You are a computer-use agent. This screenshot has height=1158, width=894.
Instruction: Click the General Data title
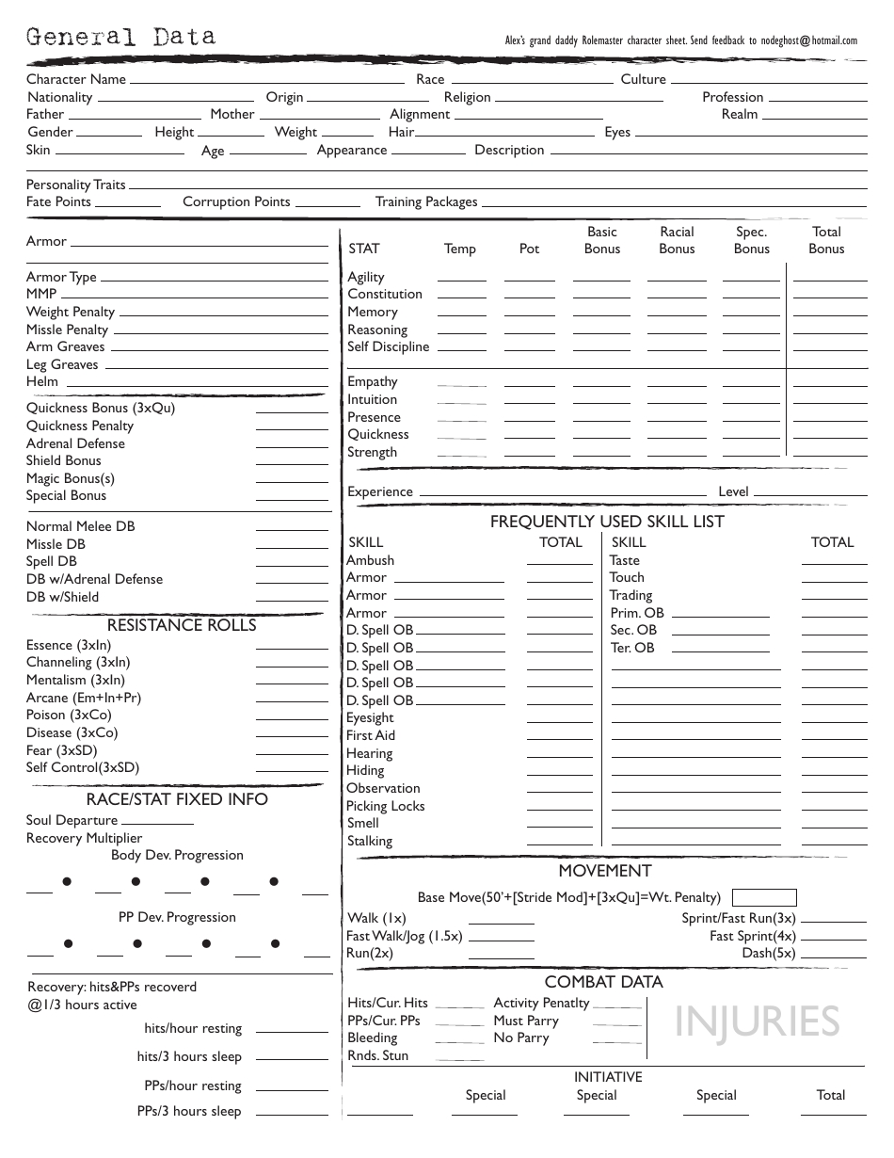120,38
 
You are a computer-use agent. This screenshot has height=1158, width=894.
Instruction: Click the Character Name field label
76,80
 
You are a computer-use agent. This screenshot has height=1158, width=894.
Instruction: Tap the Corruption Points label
236,201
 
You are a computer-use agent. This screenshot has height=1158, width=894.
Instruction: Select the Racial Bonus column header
677,240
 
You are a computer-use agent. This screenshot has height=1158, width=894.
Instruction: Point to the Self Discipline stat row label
388,347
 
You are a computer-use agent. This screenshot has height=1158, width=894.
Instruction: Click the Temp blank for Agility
462,278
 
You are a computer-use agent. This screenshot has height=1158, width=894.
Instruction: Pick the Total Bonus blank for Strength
829,453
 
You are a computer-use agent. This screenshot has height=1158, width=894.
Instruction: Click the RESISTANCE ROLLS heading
182,625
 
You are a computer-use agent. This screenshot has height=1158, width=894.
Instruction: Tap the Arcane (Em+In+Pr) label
84,698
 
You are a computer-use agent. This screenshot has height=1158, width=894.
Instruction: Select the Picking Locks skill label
385,806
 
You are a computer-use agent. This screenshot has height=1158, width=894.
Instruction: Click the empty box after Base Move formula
764,897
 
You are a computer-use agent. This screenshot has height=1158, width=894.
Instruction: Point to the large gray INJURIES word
757,1022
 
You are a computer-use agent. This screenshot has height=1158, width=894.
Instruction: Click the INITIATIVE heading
608,1077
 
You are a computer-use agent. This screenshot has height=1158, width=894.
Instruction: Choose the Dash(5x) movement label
769,953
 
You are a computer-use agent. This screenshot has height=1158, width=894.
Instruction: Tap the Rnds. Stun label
378,1055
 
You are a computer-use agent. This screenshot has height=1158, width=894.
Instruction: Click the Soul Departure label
72,820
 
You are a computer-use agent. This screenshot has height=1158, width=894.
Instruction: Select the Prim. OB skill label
637,613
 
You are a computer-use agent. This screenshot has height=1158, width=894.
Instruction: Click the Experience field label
380,491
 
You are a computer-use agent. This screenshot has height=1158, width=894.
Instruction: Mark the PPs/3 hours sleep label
189,1111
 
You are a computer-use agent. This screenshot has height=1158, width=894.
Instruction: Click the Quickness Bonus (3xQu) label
101,408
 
